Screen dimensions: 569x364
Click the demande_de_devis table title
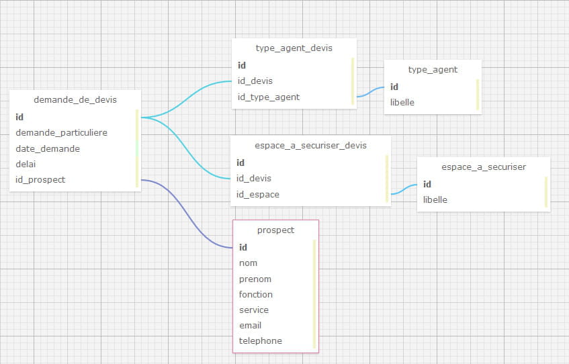75,100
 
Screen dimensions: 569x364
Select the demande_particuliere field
61,132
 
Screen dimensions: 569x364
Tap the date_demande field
48,149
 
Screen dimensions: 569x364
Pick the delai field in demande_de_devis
26,164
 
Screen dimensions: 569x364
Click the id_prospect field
40,179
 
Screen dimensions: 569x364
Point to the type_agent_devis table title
294,48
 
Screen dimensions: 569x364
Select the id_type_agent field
269,97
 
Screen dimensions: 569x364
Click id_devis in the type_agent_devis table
255,81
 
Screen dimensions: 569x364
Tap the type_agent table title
433,70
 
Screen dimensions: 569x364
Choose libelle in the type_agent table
402,102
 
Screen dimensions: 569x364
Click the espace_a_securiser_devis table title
310,146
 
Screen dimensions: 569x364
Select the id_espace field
258,195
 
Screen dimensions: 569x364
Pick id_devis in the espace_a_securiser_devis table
254,178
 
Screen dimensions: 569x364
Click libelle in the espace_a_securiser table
435,199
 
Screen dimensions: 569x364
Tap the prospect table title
276,230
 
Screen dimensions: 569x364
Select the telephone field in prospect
260,340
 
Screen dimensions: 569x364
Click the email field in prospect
250,325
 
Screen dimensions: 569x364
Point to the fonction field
255,294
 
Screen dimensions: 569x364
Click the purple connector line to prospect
187,214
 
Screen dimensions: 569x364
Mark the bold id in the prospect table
243,247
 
